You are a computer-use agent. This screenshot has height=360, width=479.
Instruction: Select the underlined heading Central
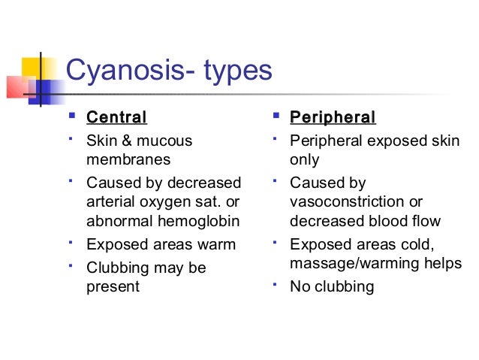[x=116, y=117]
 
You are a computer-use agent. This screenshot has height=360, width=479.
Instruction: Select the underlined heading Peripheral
[x=333, y=117]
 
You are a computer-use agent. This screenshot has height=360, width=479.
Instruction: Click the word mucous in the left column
[x=172, y=141]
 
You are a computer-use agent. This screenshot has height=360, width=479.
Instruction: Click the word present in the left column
[x=113, y=286]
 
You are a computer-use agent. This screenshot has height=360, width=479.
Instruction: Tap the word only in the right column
[x=304, y=160]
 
